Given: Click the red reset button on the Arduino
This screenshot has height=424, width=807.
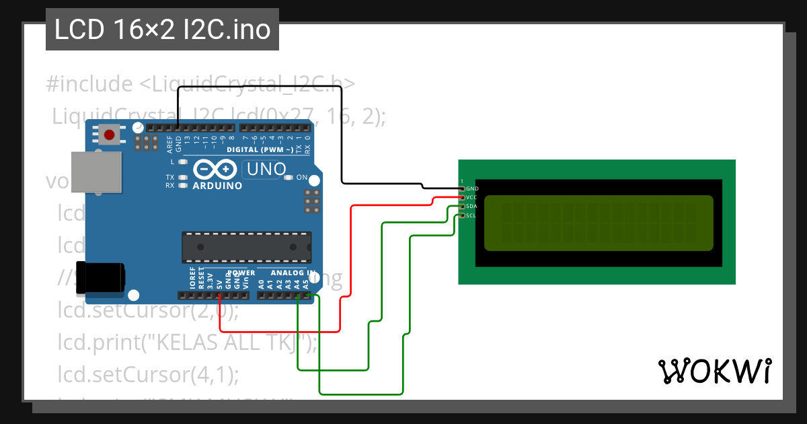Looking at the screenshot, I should pyautogui.click(x=109, y=135).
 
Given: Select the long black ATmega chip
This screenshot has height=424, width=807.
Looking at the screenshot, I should pyautogui.click(x=246, y=247).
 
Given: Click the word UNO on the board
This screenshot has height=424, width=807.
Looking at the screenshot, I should pyautogui.click(x=266, y=170).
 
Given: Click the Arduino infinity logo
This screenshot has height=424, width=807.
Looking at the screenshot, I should pyautogui.click(x=217, y=169).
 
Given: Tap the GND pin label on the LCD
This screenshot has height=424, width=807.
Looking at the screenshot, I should pyautogui.click(x=472, y=189).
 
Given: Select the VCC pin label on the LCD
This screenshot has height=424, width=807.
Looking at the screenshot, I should pyautogui.click(x=471, y=198).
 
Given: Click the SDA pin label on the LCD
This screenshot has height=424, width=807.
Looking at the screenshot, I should pyautogui.click(x=471, y=207).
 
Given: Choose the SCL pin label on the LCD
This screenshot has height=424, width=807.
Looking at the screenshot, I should pyautogui.click(x=471, y=215).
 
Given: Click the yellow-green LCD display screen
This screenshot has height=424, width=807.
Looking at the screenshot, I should pyautogui.click(x=598, y=223).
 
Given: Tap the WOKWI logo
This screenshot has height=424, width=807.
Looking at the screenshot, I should pyautogui.click(x=715, y=371).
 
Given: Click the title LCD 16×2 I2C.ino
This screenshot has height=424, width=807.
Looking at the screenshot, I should pyautogui.click(x=162, y=30).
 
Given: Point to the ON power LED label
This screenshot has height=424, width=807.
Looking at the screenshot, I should pyautogui.click(x=302, y=178).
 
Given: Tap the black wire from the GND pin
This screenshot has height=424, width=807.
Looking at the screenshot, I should pyautogui.click(x=342, y=135).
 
